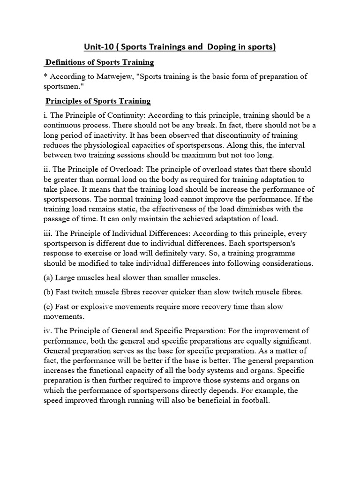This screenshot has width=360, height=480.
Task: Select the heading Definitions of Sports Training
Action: (x=100, y=62)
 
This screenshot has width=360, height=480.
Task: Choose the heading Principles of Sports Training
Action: (x=98, y=101)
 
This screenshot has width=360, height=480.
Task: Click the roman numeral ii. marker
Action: (x=47, y=169)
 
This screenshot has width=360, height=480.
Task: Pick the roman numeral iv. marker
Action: (x=48, y=331)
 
